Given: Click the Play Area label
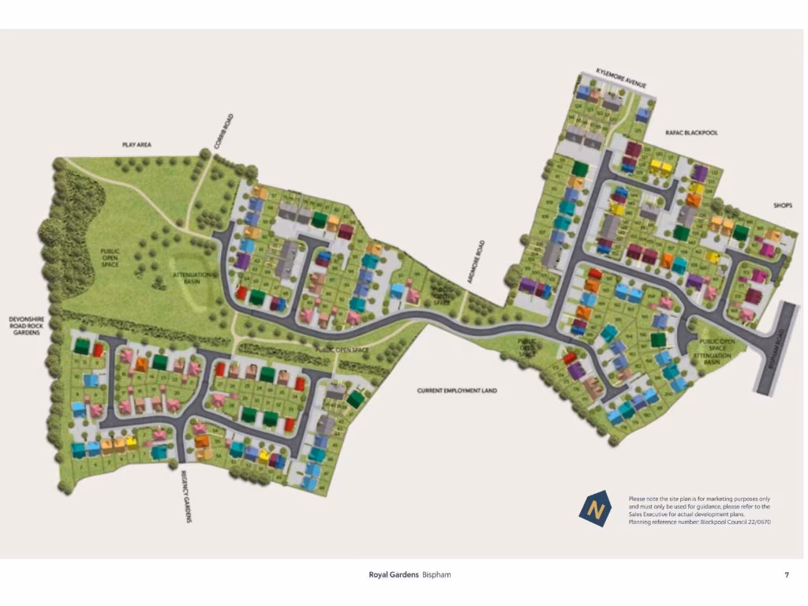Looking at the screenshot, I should pyautogui.click(x=137, y=145).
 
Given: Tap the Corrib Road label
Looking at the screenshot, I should pyautogui.click(x=223, y=132).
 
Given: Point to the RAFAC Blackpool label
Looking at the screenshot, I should pyautogui.click(x=691, y=133).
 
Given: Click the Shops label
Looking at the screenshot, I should pyautogui.click(x=783, y=205).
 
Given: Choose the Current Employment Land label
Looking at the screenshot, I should pyautogui.click(x=457, y=391).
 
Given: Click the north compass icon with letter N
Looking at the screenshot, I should pyautogui.click(x=597, y=508).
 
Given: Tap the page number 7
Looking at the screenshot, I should pyautogui.click(x=786, y=574).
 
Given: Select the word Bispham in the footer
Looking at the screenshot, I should pyautogui.click(x=436, y=574).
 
